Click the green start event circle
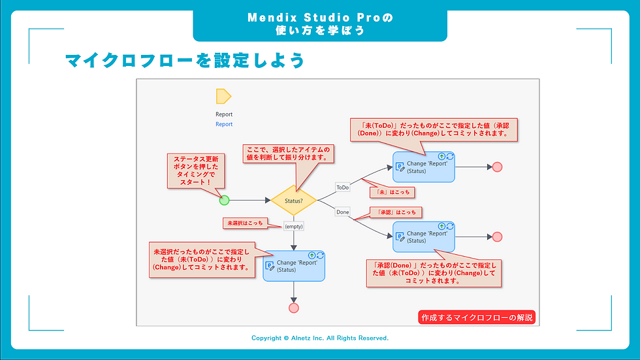coord(224,200)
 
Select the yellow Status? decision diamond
coord(293,200)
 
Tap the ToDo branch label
coord(343,188)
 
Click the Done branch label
coord(343,212)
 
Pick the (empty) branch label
coord(293,226)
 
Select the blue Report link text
coord(224,124)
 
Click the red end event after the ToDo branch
coord(497,167)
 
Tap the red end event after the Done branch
coord(497,237)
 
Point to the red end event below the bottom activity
coord(293,308)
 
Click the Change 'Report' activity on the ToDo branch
coord(424,167)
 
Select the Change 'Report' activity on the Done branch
coord(424,237)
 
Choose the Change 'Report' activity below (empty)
coord(293,266)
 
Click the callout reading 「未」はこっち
coord(392,193)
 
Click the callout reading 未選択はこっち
coord(245,223)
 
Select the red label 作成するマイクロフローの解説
coord(476,318)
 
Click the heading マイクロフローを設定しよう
coord(185,61)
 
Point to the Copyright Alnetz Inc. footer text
coord(320,338)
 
